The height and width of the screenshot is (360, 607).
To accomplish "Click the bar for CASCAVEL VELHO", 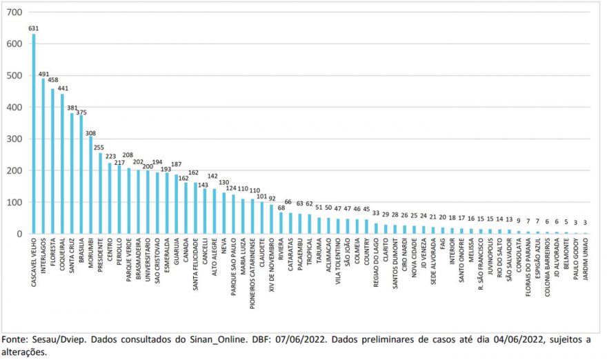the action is [34, 134].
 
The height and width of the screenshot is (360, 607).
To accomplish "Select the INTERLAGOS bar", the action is [43, 156].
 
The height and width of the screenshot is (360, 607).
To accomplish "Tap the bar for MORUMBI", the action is [90, 185].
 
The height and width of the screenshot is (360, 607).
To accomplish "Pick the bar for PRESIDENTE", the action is [100, 193].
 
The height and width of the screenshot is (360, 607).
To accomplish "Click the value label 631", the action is [34, 28].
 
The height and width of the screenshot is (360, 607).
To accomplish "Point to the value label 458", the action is [53, 80].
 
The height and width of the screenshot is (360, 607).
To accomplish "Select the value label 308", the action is [90, 134].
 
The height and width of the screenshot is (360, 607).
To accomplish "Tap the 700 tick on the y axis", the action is [14, 12].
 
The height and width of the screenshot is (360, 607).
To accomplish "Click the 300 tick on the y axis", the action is [14, 139].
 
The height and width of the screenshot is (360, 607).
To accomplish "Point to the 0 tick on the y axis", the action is [19, 234].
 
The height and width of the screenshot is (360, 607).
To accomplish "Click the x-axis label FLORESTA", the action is [53, 253].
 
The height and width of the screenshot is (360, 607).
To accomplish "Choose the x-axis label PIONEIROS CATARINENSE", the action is [252, 273].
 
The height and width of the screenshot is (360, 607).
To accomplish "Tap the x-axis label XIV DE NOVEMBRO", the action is [271, 265].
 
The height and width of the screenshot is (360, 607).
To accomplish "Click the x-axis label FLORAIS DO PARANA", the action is [528, 268].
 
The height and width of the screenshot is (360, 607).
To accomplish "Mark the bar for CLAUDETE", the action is [261, 218].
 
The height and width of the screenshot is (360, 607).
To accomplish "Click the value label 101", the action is [261, 197].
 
